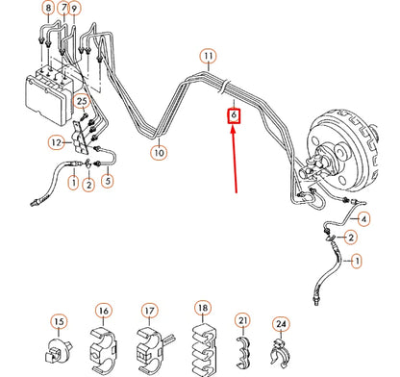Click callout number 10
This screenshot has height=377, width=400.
[159, 150]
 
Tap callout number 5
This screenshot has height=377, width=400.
[107, 179]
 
